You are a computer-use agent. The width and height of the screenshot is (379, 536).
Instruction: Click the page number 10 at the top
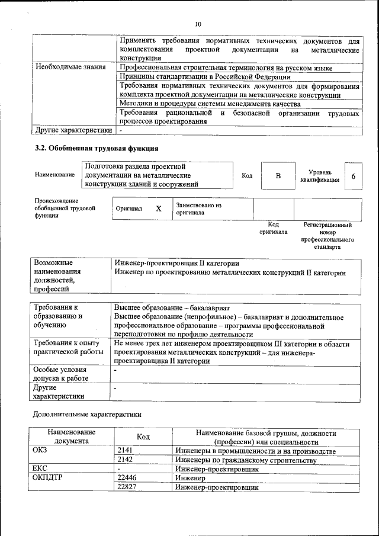point(197,24)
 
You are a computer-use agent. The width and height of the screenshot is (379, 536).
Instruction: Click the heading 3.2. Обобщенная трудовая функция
point(97,148)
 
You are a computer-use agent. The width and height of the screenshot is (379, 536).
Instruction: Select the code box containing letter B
point(278,176)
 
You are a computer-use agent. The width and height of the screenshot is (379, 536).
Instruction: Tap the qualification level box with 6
point(354,176)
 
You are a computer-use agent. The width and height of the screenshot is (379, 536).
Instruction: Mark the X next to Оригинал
point(158,208)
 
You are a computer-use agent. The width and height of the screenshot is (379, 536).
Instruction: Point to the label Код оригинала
point(273,228)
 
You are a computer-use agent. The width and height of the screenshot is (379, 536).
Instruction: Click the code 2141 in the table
point(124,451)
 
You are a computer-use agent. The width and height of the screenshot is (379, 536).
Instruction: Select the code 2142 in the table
point(124,460)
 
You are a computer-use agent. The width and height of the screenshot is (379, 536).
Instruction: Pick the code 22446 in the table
point(127,477)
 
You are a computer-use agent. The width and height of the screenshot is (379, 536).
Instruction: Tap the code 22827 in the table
point(127,487)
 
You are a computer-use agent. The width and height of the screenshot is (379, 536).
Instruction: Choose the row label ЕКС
point(39,468)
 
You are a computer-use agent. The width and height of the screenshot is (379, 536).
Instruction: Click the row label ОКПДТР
point(47,477)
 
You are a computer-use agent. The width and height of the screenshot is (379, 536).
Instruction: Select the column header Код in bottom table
point(143,436)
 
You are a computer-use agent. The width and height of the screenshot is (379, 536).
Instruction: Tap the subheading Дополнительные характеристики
point(87,414)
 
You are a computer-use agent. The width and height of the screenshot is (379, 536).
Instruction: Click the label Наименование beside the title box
point(54,175)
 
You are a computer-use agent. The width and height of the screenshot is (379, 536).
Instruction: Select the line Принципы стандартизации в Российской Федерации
point(205,77)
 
